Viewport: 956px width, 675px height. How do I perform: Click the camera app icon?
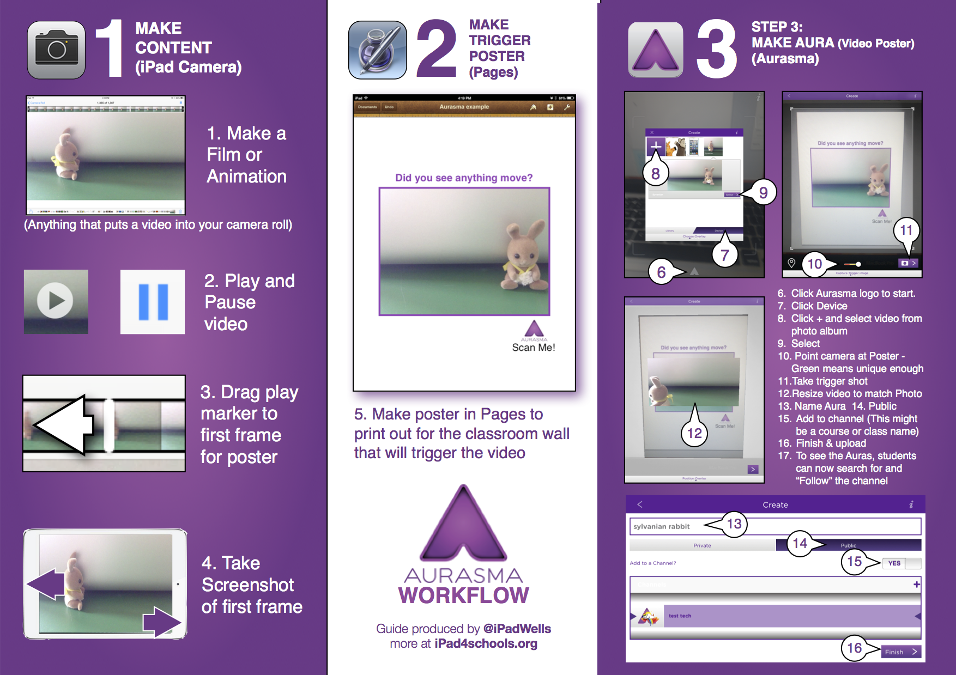[x=56, y=50]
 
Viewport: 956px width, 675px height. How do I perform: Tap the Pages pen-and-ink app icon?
[x=377, y=50]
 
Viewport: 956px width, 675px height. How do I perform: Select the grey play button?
[x=56, y=301]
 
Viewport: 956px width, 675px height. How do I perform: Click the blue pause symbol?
[x=153, y=302]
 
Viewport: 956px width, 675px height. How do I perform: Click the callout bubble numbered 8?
[x=655, y=174]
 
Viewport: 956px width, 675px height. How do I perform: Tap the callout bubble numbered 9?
[x=763, y=192]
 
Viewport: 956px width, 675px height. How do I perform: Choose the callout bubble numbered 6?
[x=661, y=272]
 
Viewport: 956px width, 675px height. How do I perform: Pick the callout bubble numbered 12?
[x=694, y=433]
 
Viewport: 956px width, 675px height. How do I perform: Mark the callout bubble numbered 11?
[x=906, y=230]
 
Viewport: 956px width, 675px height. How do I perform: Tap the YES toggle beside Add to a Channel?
[x=895, y=563]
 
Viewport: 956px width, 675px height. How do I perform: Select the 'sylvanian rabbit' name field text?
[x=661, y=526]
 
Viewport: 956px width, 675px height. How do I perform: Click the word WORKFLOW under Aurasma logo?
[x=463, y=595]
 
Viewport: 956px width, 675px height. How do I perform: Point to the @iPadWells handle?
[x=517, y=629]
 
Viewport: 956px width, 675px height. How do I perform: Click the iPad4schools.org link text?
[x=486, y=644]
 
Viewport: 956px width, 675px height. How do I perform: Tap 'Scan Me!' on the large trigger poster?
[x=533, y=348]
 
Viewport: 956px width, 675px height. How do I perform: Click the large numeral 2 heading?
[x=436, y=49]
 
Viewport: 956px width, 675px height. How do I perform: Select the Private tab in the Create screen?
[x=702, y=545]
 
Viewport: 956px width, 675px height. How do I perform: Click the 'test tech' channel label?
[x=680, y=616]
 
